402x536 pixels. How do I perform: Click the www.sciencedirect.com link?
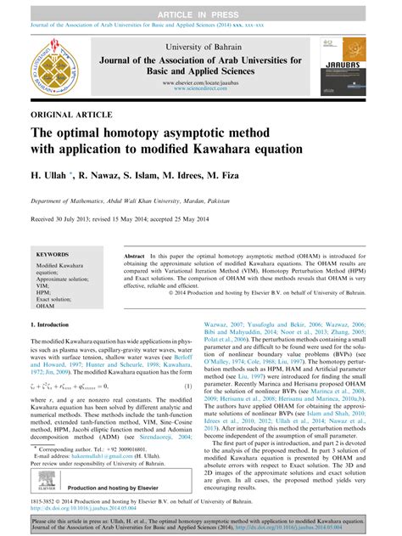coord(201,88)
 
